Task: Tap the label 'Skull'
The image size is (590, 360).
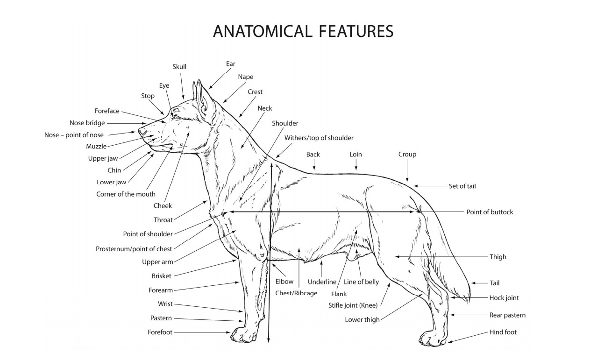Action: click(x=179, y=67)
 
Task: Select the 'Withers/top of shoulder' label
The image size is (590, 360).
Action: click(x=319, y=138)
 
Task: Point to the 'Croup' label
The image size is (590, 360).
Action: click(x=407, y=154)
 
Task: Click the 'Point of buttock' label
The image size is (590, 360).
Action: click(x=490, y=212)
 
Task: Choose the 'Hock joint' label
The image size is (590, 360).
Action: click(x=504, y=298)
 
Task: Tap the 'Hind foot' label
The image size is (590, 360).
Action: click(x=503, y=332)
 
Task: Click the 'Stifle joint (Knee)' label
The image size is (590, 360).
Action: click(x=353, y=306)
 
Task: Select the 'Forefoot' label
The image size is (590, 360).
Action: click(x=160, y=332)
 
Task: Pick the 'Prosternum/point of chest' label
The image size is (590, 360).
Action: click(x=134, y=249)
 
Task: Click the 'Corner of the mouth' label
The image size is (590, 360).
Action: click(x=126, y=194)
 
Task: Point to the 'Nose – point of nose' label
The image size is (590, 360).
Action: click(x=74, y=135)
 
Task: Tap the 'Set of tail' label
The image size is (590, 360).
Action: click(x=462, y=186)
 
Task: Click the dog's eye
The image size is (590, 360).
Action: click(x=176, y=116)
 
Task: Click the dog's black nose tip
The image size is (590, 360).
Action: click(x=142, y=132)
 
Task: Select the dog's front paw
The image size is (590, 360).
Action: click(x=243, y=334)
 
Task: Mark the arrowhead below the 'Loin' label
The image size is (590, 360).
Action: click(x=356, y=169)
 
